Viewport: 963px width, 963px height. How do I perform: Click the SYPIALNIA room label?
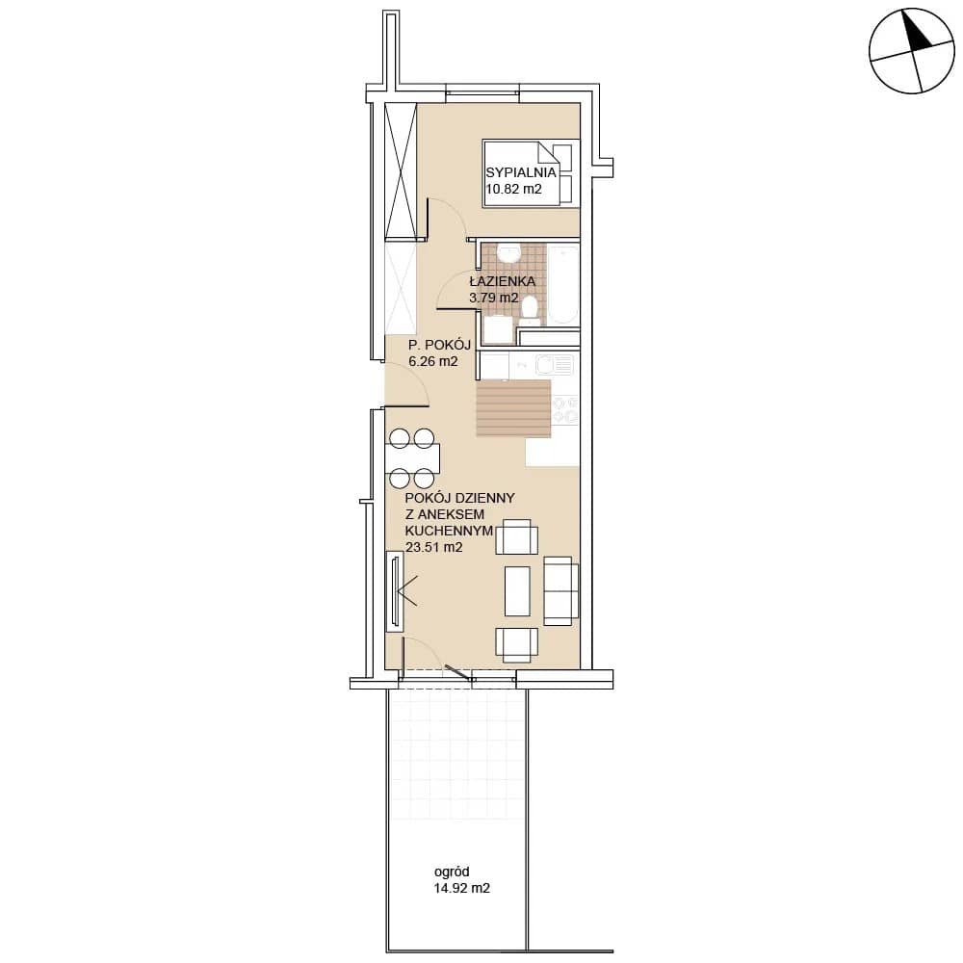(x=521, y=172)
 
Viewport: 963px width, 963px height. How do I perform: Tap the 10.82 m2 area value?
(x=514, y=189)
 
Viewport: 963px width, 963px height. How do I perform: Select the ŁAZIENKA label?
(x=503, y=281)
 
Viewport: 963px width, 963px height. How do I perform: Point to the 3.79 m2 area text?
(x=494, y=298)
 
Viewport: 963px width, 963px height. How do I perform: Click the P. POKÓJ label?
(x=440, y=345)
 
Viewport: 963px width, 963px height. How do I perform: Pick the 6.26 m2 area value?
(x=433, y=361)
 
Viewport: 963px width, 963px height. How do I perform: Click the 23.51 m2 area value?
(x=433, y=547)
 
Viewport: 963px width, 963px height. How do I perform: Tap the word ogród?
(x=452, y=872)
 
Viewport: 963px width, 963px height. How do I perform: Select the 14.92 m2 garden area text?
(x=462, y=888)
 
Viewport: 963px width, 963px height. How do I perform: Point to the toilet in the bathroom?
(x=529, y=311)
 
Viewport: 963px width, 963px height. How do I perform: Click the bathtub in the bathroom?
(x=563, y=285)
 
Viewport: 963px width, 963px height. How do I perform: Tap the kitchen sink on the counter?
(x=555, y=365)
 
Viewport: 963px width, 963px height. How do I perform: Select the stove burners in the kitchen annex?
(x=565, y=410)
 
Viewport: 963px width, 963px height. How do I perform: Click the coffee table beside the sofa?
(x=517, y=591)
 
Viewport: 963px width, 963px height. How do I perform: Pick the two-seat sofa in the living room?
(x=560, y=591)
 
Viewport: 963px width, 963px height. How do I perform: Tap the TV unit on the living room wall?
(x=394, y=591)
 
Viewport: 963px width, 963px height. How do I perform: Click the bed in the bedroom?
(x=532, y=173)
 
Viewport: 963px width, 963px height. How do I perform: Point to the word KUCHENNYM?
(x=449, y=530)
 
